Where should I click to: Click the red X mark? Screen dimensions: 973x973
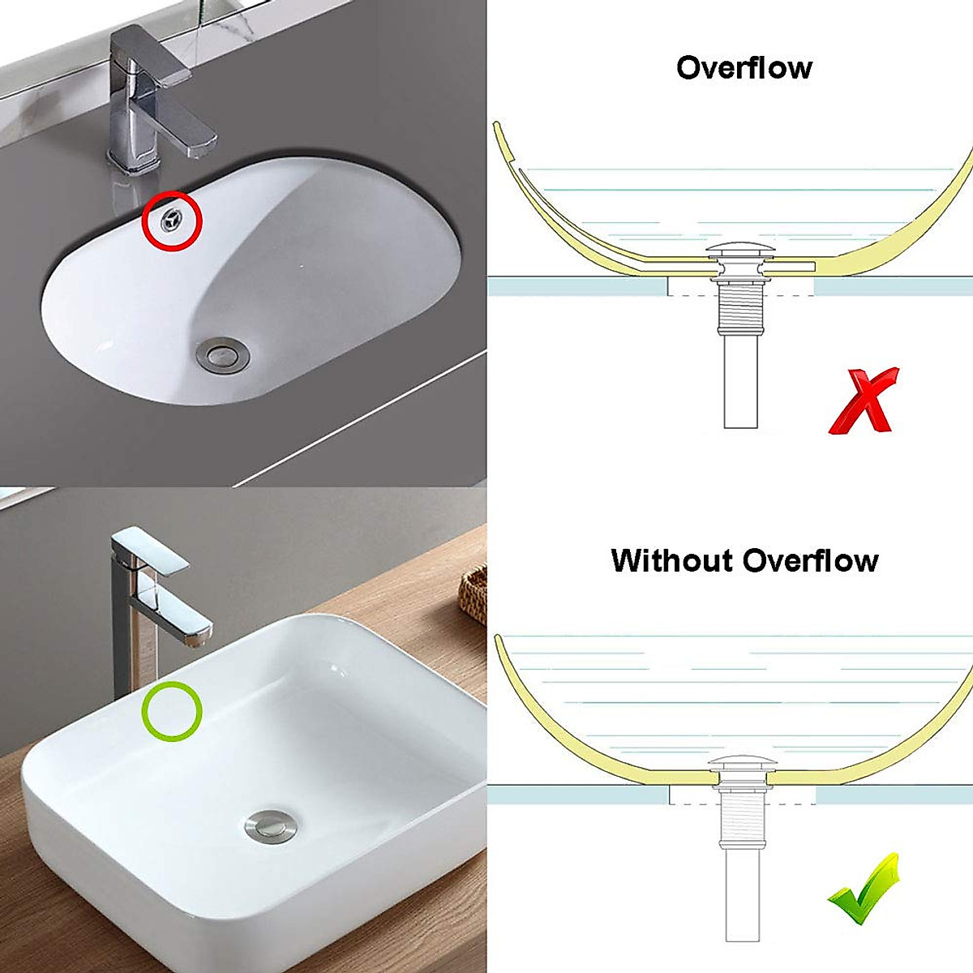pyautogui.click(x=864, y=401)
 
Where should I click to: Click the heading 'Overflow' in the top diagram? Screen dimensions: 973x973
pyautogui.click(x=744, y=67)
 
